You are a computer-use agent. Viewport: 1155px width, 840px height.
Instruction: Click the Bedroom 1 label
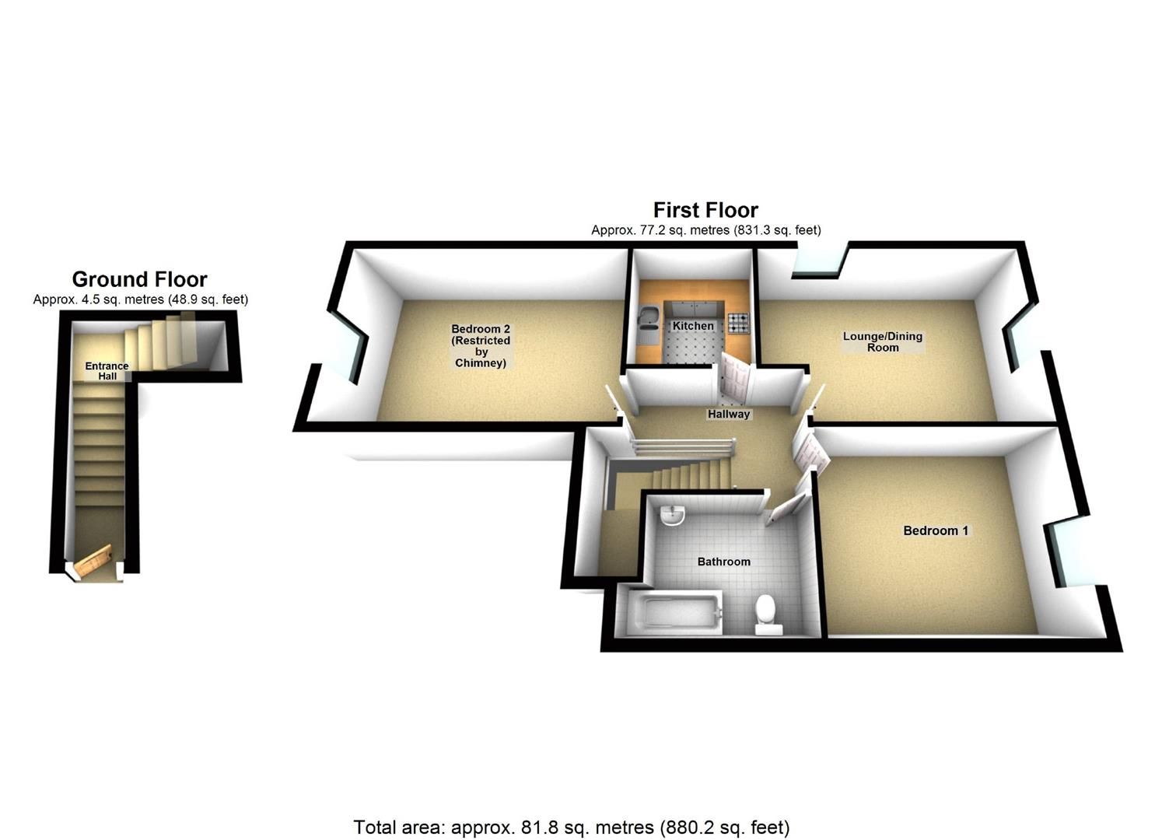tap(936, 531)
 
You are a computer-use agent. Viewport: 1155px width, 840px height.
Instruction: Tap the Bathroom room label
tap(723, 562)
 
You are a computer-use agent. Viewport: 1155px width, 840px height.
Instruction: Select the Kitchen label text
tap(693, 326)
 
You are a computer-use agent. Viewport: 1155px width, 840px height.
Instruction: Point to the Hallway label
tap(729, 414)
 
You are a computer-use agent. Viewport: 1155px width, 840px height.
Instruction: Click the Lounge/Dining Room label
tap(883, 342)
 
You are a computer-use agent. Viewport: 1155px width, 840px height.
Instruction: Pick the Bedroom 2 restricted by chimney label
tap(481, 346)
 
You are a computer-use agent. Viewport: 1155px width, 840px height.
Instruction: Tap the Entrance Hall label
tap(107, 371)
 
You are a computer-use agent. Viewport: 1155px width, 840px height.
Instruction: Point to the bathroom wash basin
tap(670, 515)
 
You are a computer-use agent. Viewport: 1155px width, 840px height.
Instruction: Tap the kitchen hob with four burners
tap(737, 322)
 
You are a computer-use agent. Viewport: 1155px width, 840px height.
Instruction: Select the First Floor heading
tap(705, 210)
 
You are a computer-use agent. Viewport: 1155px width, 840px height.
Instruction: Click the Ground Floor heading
tap(140, 279)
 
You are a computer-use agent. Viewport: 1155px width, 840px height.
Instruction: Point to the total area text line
tap(572, 827)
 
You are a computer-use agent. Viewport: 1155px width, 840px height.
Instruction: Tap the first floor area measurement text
tap(705, 230)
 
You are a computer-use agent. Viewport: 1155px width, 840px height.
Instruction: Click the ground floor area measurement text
tap(141, 299)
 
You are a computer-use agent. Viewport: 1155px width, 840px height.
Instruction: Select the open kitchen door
tap(735, 379)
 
